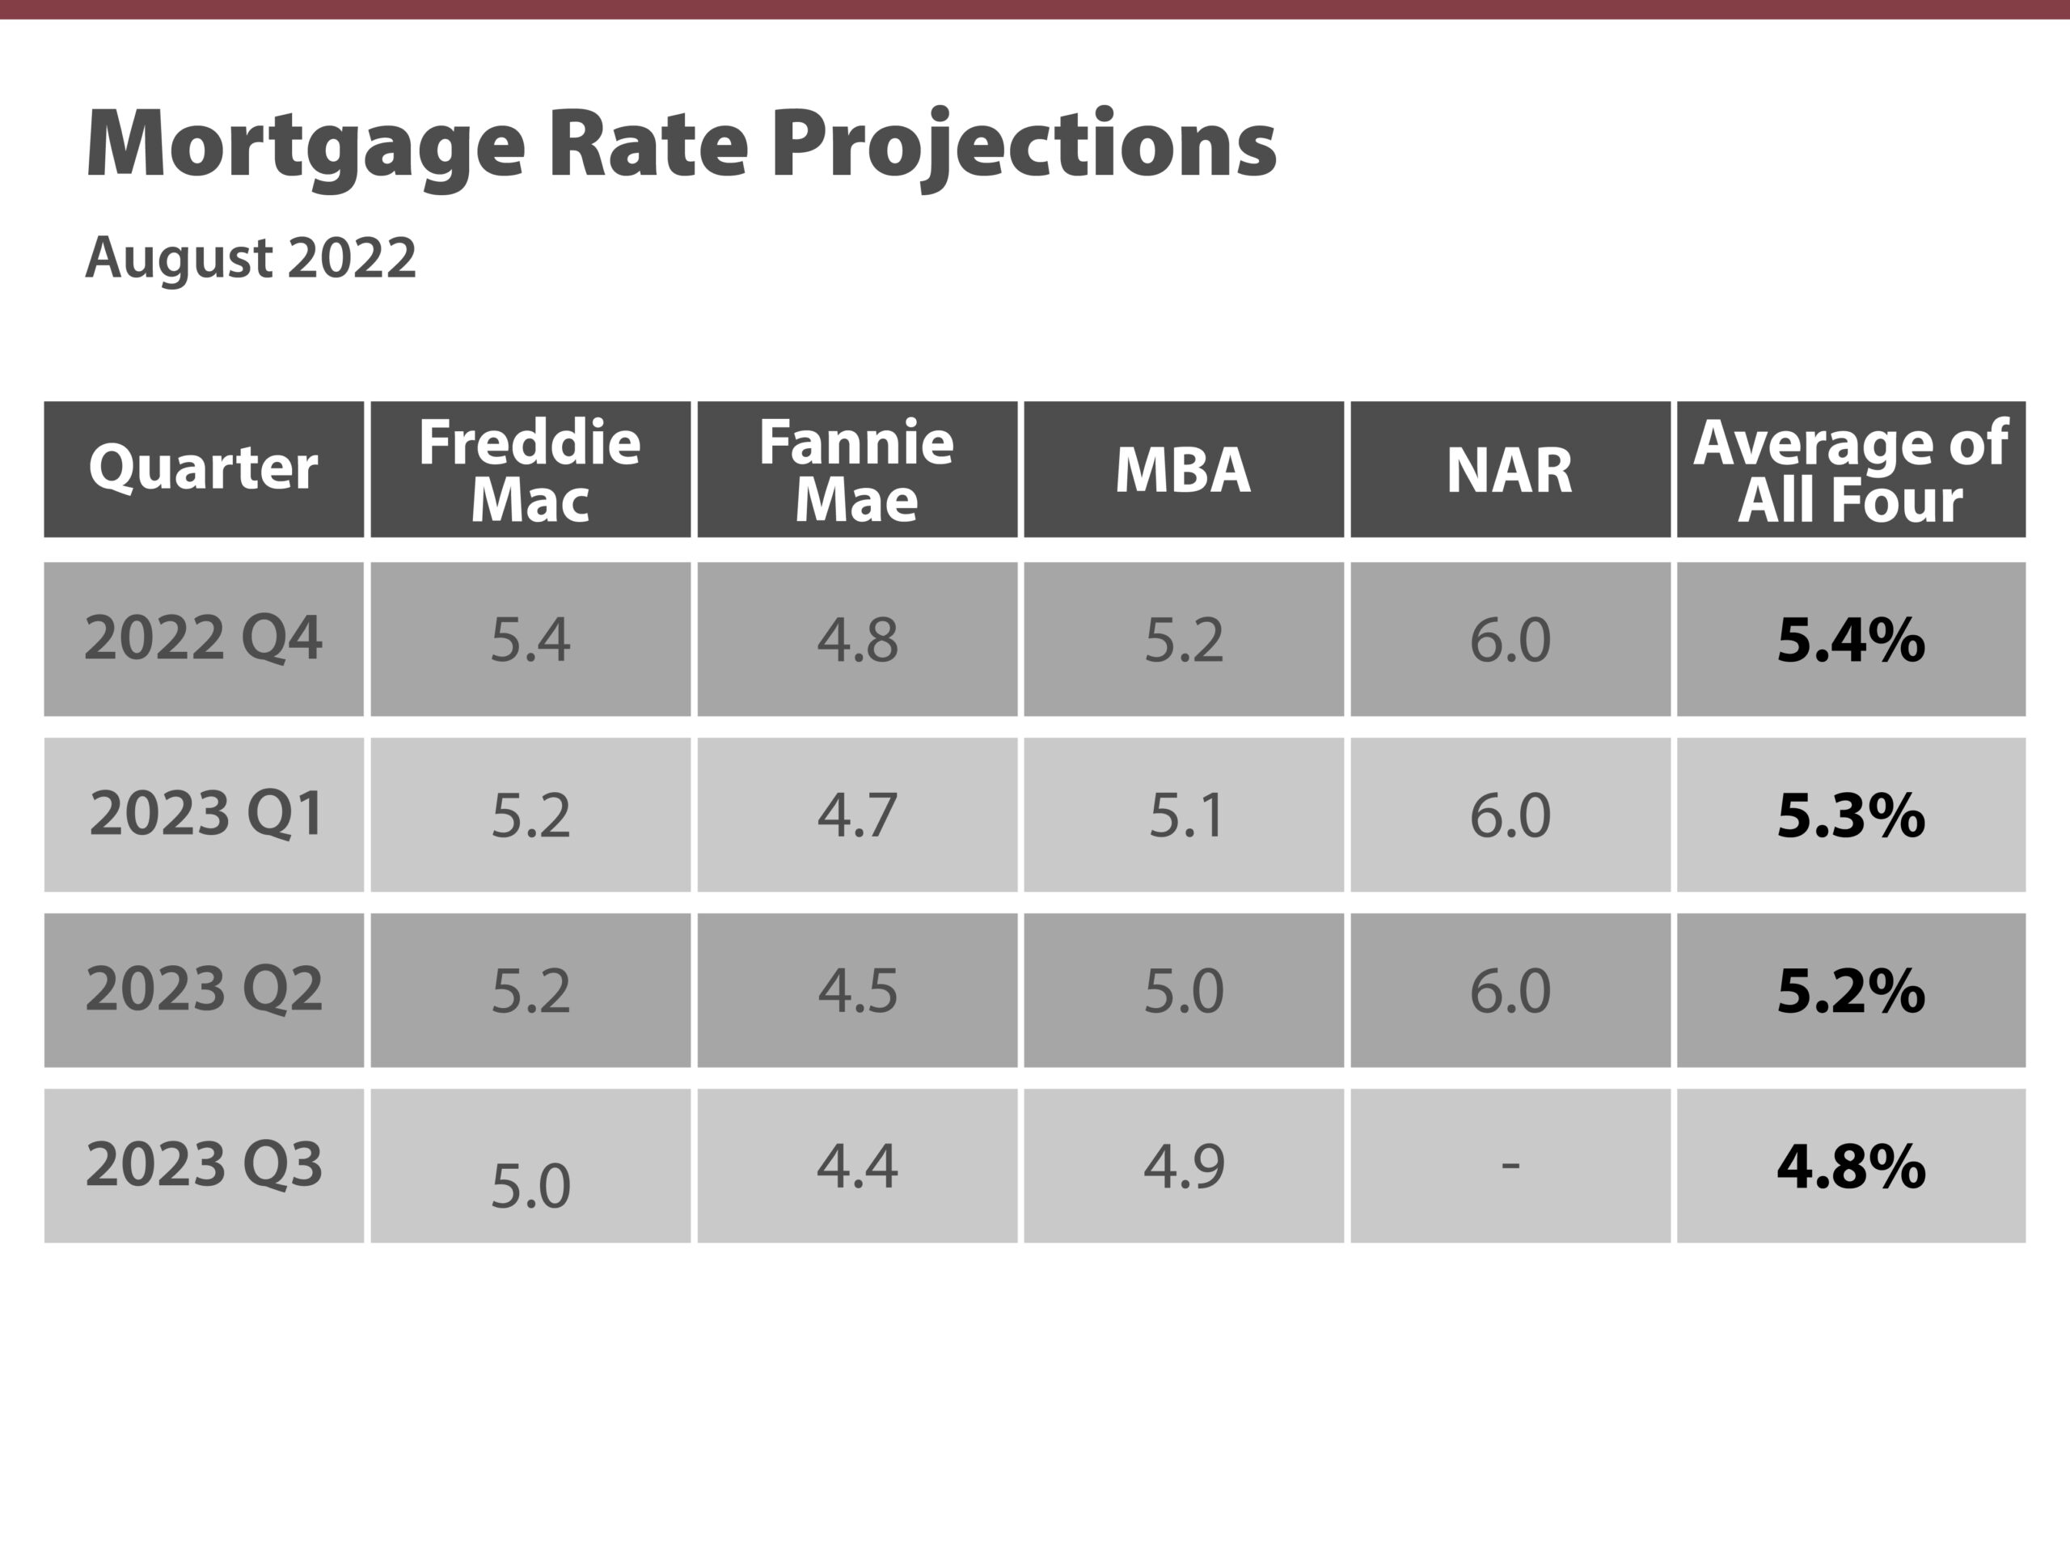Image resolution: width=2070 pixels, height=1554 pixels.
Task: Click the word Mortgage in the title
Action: click(304, 145)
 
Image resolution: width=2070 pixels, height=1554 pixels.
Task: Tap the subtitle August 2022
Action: click(250, 257)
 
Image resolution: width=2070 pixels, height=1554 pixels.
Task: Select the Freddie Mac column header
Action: click(530, 470)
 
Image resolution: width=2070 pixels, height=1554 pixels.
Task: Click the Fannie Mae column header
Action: click(856, 470)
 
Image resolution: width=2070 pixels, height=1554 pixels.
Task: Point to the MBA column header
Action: click(1183, 470)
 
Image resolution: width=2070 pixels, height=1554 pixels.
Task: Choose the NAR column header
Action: click(1510, 470)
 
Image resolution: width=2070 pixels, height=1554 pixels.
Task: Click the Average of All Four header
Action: click(1850, 470)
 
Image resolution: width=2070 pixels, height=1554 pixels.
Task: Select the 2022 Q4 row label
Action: click(203, 638)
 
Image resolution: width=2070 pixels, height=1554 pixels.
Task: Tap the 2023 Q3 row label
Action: click(203, 1165)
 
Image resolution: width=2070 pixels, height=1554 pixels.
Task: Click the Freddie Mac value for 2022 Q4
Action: click(530, 641)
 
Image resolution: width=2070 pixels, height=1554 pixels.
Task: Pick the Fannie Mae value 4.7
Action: click(856, 815)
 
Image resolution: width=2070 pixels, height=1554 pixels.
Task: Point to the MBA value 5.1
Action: click(1185, 815)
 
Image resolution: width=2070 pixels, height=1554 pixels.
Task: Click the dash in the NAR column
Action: click(1510, 1166)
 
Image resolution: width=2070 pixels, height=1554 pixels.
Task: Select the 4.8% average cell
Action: click(1850, 1167)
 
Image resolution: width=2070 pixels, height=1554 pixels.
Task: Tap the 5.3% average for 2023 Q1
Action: click(1850, 815)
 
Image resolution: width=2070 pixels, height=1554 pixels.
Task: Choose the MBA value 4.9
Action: click(1183, 1167)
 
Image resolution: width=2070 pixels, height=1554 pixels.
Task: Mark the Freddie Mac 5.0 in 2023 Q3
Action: click(530, 1186)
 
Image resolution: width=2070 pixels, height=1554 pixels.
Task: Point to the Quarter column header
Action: click(203, 468)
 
